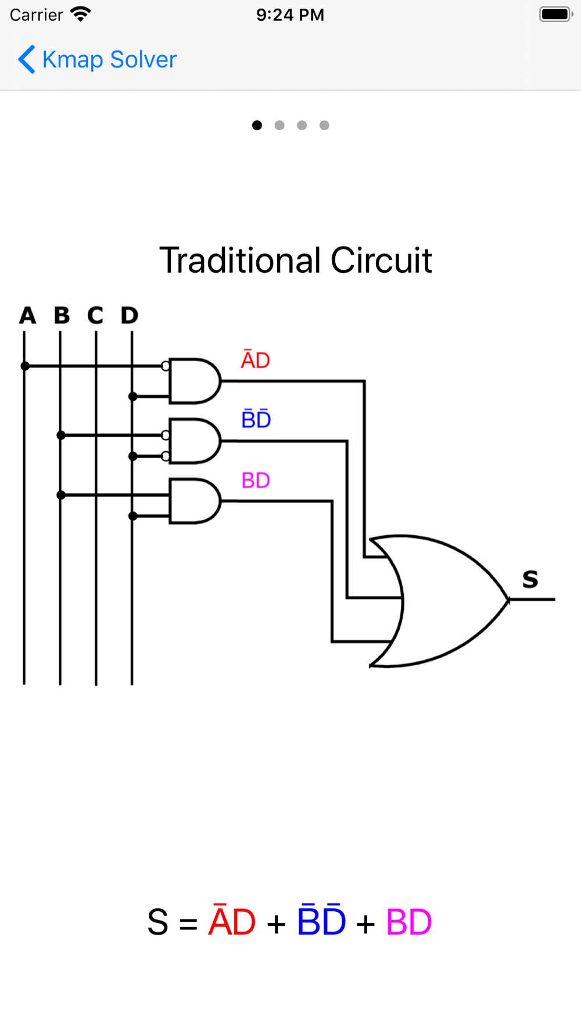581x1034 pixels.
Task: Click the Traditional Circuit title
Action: tap(295, 260)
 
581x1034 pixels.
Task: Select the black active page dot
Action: tap(257, 125)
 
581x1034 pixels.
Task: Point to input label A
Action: tap(27, 316)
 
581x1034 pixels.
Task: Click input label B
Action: tap(62, 316)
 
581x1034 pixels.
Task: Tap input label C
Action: tap(95, 316)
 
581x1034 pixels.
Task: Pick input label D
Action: tap(130, 316)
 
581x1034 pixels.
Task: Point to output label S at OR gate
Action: tap(530, 579)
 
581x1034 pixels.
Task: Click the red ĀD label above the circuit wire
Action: tap(256, 360)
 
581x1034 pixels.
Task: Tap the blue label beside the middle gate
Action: tap(256, 419)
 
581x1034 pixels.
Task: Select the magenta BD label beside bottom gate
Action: tap(256, 480)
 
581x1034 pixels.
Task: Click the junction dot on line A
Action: tap(25, 366)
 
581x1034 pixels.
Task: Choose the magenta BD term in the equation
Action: tap(408, 922)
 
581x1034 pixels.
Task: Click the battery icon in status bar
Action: tap(555, 15)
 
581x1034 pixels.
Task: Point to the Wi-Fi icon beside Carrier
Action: tap(80, 14)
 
